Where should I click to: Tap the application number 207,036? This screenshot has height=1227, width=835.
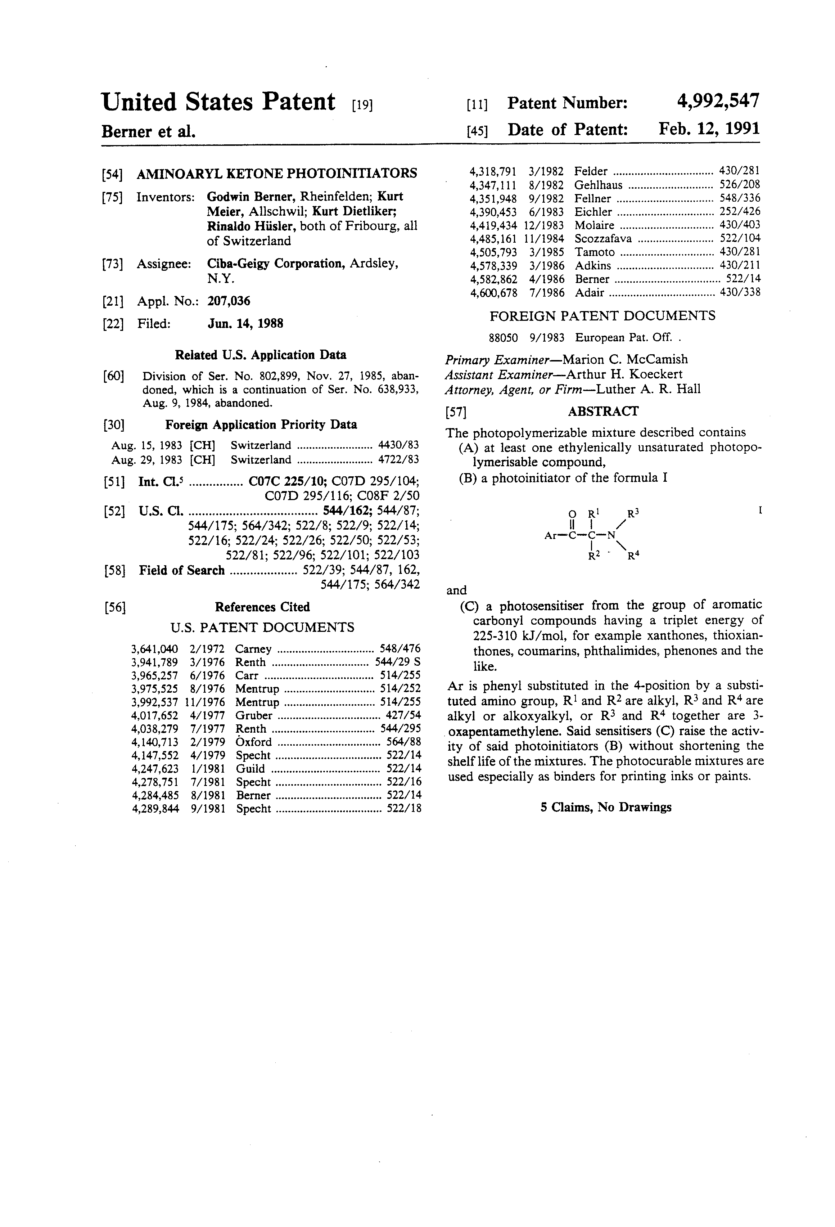(229, 301)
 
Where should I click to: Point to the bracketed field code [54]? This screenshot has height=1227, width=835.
(112, 174)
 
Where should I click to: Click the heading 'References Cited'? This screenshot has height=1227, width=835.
(262, 607)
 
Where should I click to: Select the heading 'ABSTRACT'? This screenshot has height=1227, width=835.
(603, 411)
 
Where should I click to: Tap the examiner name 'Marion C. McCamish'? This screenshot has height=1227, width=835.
(625, 360)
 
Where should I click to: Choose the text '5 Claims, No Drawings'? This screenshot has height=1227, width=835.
(605, 807)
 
